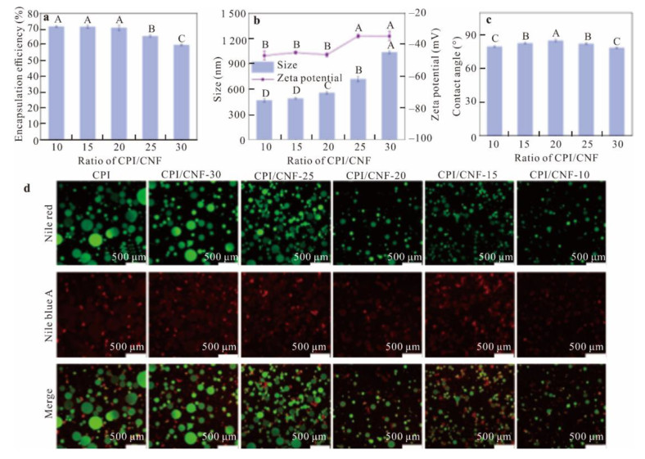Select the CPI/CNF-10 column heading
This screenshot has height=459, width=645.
[x=559, y=175]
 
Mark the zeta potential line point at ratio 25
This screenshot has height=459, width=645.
[x=358, y=36]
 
